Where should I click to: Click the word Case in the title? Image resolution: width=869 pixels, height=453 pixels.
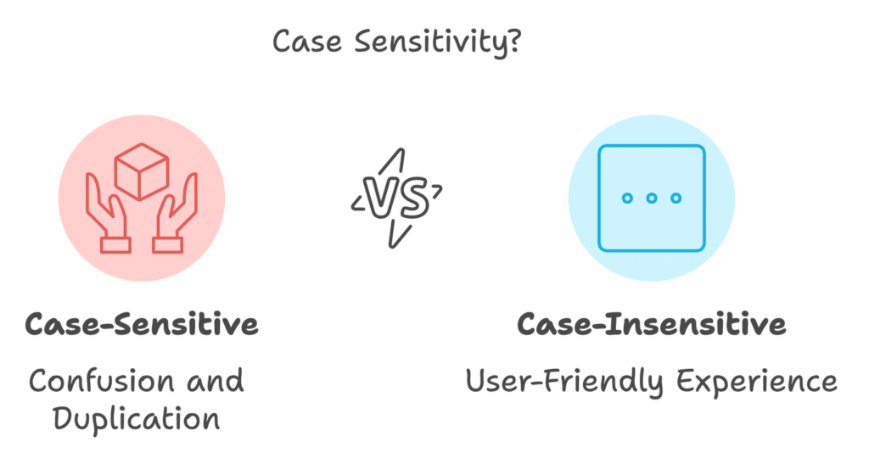[x=297, y=42]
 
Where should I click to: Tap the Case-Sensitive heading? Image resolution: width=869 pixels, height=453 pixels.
[x=142, y=325]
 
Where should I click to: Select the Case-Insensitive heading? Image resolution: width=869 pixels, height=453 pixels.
[x=651, y=325]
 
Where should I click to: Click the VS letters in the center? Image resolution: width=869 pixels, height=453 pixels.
[x=396, y=199]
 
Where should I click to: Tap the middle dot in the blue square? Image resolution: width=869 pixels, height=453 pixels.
[x=652, y=199]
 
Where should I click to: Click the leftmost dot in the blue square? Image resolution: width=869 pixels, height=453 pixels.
[x=627, y=199]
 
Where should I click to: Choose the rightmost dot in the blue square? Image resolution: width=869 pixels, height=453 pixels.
[x=676, y=199]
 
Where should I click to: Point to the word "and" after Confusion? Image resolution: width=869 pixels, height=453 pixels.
[x=216, y=380]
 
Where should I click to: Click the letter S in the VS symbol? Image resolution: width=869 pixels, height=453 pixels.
[x=411, y=199]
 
